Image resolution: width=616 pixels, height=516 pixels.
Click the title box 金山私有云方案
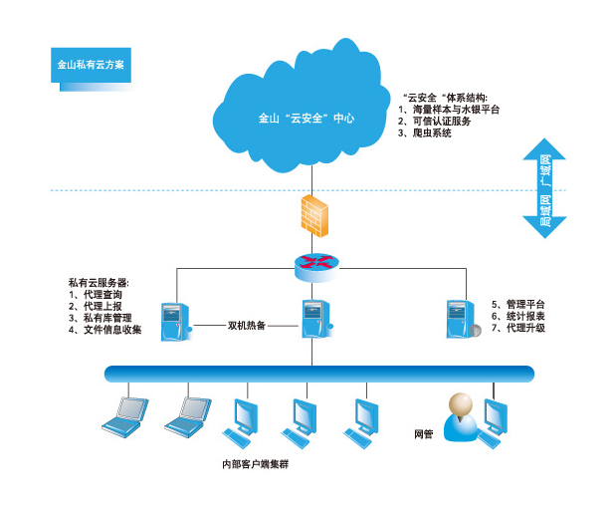(x=91, y=64)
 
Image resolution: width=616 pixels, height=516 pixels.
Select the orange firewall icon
(x=311, y=214)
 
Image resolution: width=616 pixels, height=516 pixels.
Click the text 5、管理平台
(x=518, y=304)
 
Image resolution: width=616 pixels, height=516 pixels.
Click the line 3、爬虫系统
(x=425, y=132)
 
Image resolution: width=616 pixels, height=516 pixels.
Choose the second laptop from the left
(x=188, y=413)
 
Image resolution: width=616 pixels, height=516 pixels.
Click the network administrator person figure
(x=459, y=416)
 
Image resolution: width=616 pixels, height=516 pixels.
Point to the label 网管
(x=423, y=434)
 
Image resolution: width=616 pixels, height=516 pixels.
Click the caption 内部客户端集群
(x=254, y=464)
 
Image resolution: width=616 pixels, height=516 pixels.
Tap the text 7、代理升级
(x=518, y=328)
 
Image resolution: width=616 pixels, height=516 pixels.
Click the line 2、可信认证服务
(x=440, y=121)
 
